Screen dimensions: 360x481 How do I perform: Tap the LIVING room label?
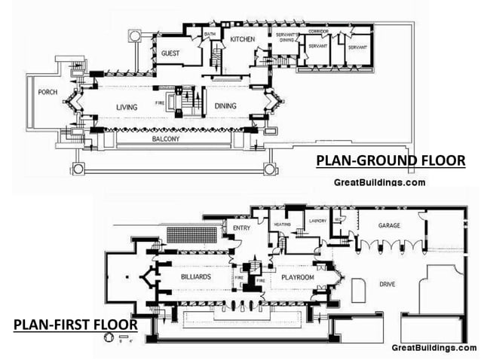pyautogui.click(x=127, y=107)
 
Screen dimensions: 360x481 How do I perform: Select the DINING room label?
pyautogui.click(x=225, y=106)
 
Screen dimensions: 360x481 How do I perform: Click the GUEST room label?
pyautogui.click(x=170, y=53)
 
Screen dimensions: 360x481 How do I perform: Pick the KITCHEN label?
pyautogui.click(x=243, y=39)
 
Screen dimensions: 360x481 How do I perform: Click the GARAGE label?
pyautogui.click(x=372, y=224)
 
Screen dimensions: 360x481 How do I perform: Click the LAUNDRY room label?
pyautogui.click(x=317, y=221)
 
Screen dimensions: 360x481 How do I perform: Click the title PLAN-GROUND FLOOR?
pyautogui.click(x=390, y=160)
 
